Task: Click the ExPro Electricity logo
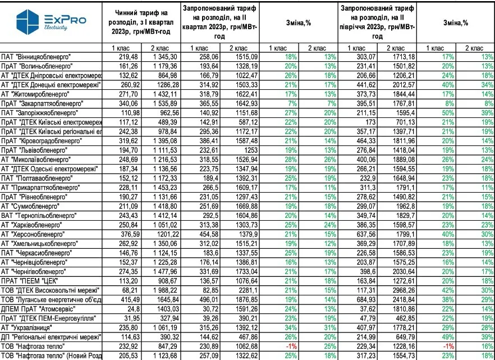(51, 23)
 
